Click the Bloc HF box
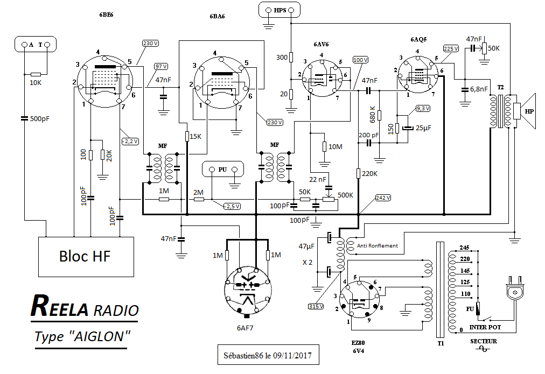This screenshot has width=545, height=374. [x=85, y=256]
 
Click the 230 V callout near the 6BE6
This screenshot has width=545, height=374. [x=150, y=43]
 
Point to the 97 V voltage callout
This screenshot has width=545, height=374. [x=161, y=66]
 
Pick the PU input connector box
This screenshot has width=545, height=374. [x=222, y=169]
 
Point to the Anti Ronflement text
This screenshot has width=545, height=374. [x=377, y=246]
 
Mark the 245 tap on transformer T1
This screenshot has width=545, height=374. [x=464, y=249]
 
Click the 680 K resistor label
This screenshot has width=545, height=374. [x=372, y=115]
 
